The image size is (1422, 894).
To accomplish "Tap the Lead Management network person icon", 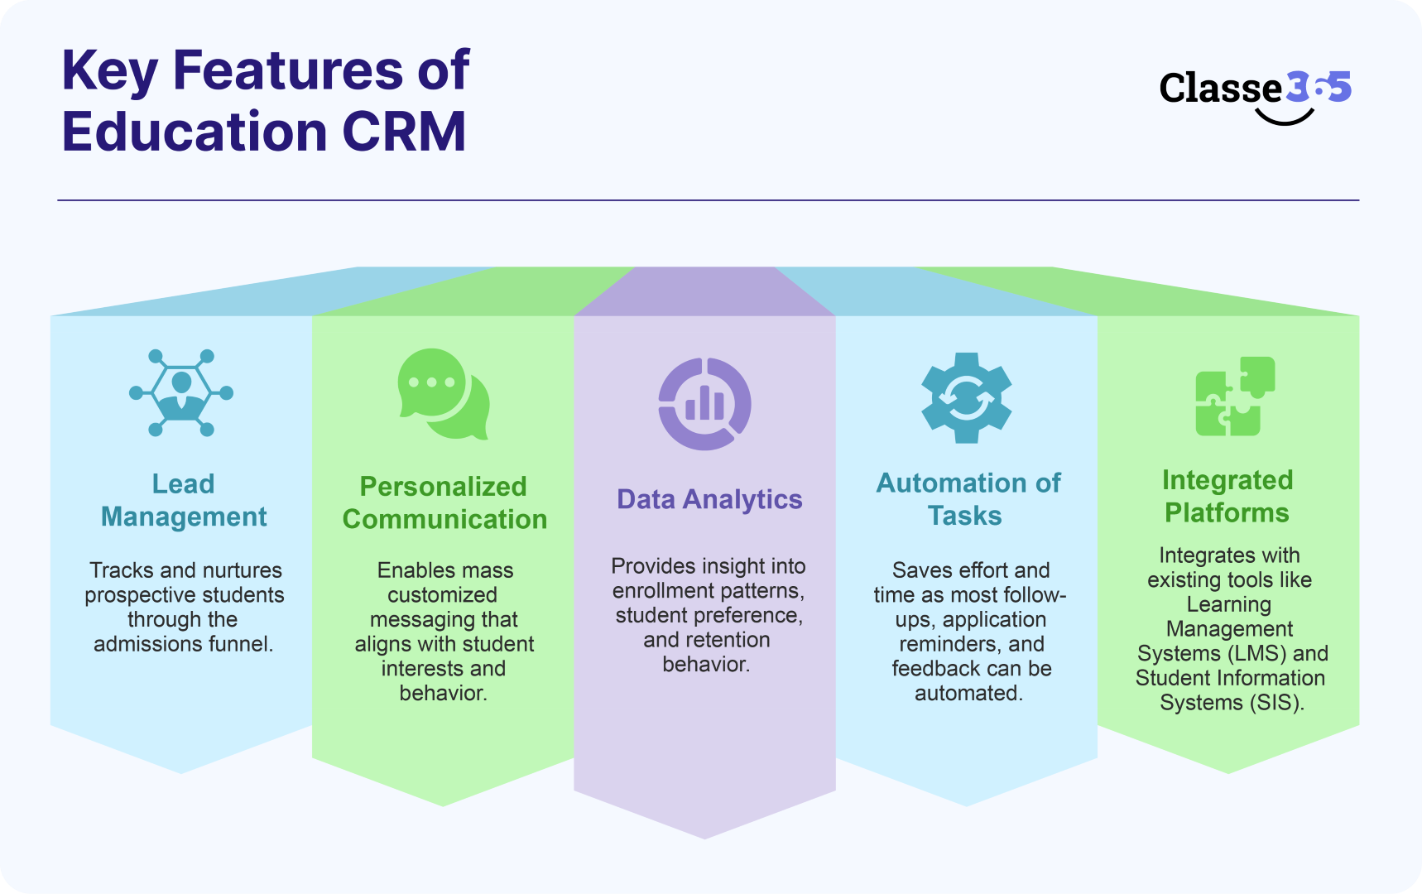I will point(181,392).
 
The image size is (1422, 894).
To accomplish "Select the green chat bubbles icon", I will point(443,393).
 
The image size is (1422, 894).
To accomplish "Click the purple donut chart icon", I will point(704,404).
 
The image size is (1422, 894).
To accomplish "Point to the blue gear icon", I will point(966,398).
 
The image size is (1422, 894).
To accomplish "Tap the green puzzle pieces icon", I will point(1234,397).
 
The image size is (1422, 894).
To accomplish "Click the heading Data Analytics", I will point(709,499).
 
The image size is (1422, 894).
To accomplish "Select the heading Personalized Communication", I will point(444,502).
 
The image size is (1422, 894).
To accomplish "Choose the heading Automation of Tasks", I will point(968,499).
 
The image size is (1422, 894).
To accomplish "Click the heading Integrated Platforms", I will point(1227,496).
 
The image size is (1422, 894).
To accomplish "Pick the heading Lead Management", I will point(183,500).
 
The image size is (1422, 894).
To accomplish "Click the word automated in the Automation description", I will point(968,693).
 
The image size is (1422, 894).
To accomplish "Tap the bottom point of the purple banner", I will point(704,837).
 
